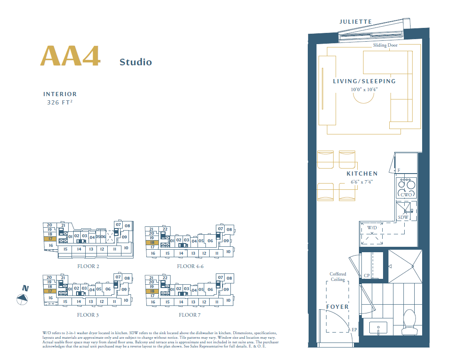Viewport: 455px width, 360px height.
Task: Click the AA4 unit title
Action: (70, 56)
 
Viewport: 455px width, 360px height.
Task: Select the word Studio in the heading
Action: (136, 62)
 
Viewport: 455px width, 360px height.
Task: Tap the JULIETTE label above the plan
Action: (356, 22)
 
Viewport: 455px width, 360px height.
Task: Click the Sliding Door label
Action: (385, 45)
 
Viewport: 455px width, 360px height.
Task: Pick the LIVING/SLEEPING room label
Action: (364, 82)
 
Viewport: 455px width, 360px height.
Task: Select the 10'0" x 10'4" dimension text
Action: (364, 89)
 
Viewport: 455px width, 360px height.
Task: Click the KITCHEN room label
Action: (362, 174)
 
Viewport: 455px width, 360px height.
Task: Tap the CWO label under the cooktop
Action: (406, 195)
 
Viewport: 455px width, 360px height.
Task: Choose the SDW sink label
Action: (403, 218)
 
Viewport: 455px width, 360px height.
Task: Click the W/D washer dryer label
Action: (372, 228)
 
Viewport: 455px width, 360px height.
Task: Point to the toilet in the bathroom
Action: (409, 323)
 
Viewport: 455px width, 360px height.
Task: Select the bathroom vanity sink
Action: (378, 328)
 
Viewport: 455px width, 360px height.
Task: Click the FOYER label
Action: (337, 307)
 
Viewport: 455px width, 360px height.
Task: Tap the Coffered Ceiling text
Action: (338, 277)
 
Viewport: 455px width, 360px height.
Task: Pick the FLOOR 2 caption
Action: (88, 266)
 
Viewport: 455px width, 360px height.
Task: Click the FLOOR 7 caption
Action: (190, 315)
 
